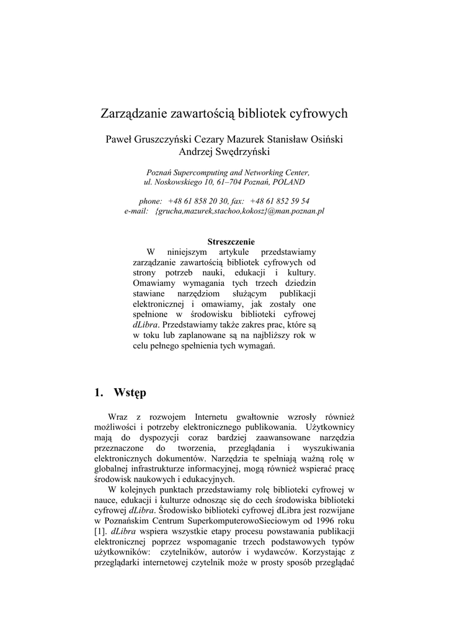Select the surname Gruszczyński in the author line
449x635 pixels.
click(x=168, y=139)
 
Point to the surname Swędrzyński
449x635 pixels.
click(x=242, y=151)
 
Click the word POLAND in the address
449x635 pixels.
click(x=288, y=182)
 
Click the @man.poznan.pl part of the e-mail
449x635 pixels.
click(x=296, y=211)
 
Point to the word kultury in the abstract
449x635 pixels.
click(x=301, y=272)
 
